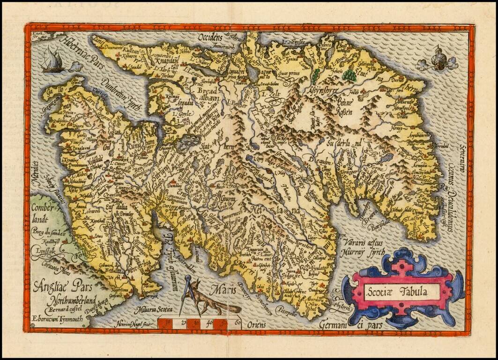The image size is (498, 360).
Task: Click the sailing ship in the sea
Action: tap(52, 61)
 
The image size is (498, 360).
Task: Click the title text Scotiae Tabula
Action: tap(402, 292)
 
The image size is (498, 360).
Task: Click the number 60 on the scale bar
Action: tap(239, 322)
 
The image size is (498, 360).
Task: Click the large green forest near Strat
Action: tap(349, 75)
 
